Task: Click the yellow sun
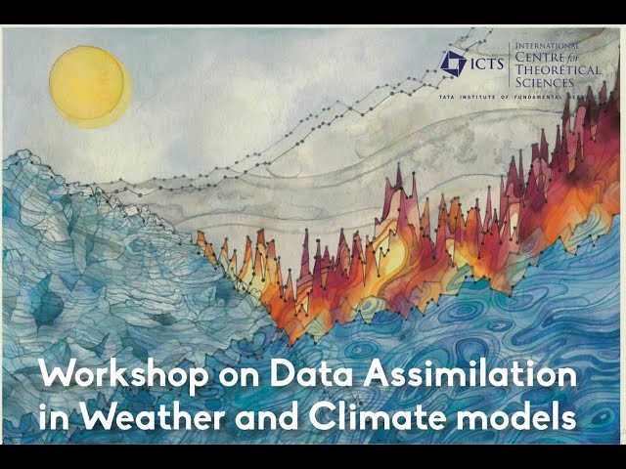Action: click(x=89, y=85)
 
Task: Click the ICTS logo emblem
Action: click(x=453, y=64)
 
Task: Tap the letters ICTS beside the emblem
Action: click(x=487, y=64)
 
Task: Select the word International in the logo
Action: click(x=548, y=46)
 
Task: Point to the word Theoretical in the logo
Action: click(x=554, y=70)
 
